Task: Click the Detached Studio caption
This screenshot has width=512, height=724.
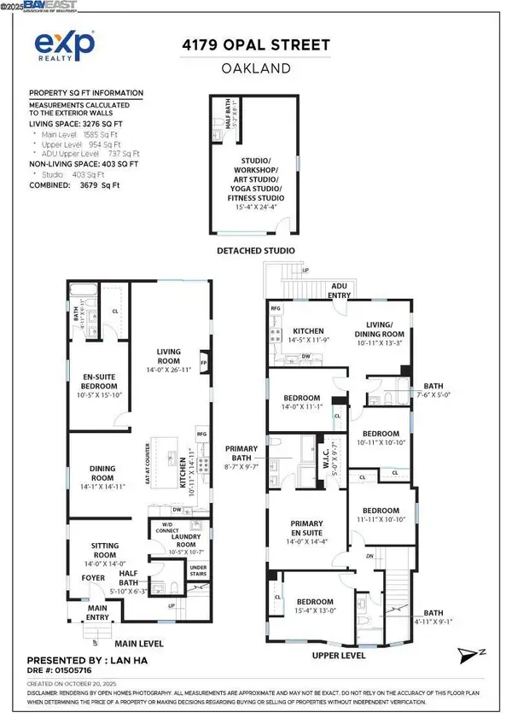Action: (256, 250)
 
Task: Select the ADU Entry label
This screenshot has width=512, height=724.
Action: (340, 291)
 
